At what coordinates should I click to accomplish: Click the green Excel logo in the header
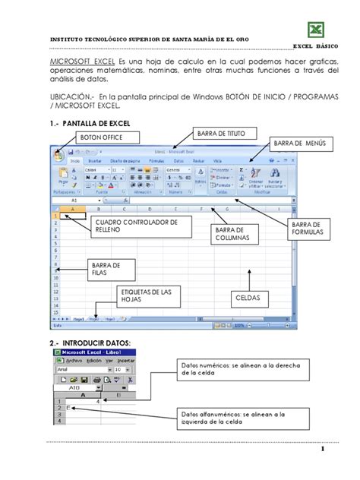pos(315,29)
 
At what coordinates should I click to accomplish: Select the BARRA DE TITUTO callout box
pos(222,133)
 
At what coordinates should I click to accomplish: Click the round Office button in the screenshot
pos(57,153)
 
